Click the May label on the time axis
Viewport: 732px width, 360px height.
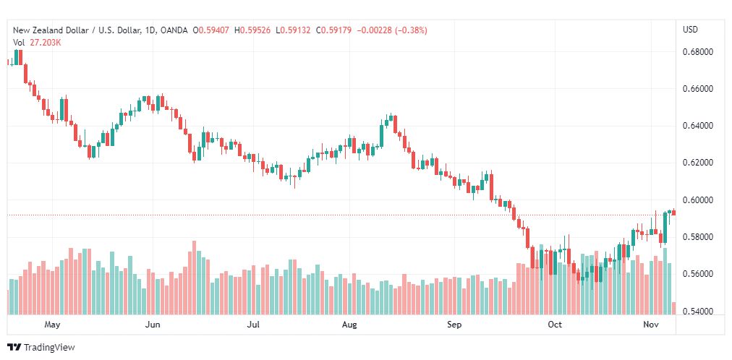click(52, 325)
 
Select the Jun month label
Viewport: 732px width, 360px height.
click(153, 325)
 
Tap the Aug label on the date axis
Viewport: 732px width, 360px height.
click(349, 325)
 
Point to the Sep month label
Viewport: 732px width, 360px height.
click(454, 325)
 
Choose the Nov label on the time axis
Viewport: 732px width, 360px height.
click(650, 325)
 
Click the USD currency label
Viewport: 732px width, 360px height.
click(691, 30)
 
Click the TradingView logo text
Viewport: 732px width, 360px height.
click(49, 348)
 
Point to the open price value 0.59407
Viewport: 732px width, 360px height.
click(214, 30)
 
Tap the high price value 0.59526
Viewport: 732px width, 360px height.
click(255, 30)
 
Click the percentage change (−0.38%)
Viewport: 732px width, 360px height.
click(412, 30)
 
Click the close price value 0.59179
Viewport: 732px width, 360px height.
click(336, 30)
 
